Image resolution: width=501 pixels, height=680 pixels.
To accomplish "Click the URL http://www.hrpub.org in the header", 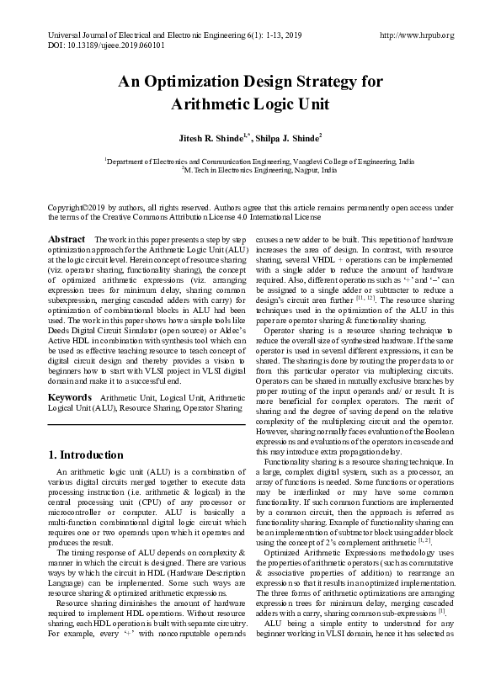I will (x=417, y=35).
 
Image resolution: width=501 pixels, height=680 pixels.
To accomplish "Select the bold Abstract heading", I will (x=67, y=240).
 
